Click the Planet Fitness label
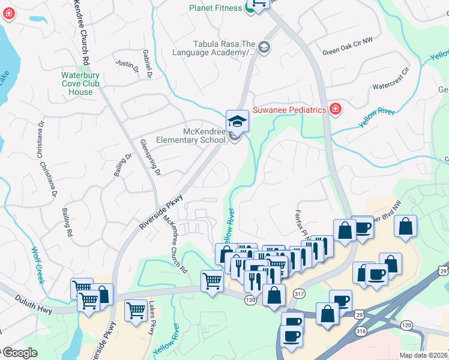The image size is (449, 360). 215,8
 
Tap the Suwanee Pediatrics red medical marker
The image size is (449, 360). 335,110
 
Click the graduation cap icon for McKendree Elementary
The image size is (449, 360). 237,121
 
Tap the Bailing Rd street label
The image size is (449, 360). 67,221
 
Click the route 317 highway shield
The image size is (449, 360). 300,293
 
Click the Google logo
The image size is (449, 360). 19,353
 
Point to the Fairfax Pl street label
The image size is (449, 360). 300,224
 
